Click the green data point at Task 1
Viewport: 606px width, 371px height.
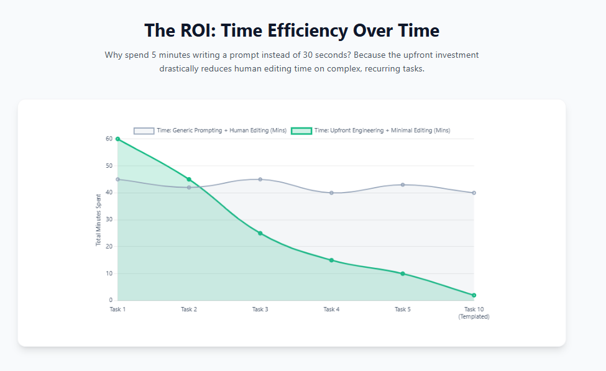117,139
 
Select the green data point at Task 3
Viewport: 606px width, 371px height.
260,233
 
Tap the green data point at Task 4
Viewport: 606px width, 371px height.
331,260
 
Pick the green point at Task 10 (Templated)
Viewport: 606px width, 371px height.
474,295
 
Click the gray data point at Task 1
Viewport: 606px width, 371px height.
117,179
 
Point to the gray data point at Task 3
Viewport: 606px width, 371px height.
260,179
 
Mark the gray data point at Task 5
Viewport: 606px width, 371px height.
403,185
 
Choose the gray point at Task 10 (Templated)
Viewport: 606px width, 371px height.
474,193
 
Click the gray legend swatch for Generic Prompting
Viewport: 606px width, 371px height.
144,131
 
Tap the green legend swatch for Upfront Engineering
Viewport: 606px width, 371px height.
301,131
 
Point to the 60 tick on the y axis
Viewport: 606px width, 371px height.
109,139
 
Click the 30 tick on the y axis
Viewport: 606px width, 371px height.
109,219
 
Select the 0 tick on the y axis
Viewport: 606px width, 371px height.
111,301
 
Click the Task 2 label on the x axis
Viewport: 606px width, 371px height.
189,309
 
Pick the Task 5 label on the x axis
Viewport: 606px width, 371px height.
403,309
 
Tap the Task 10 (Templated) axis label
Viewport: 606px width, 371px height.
474,313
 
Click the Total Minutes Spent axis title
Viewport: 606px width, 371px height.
98,220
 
